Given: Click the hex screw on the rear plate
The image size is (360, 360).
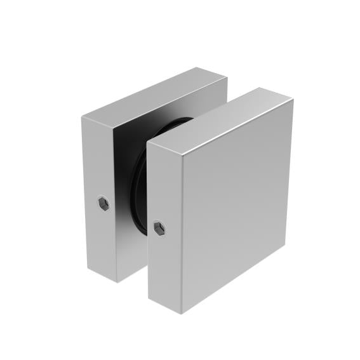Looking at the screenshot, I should (x=103, y=203).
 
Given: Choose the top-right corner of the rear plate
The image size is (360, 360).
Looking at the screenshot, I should (x=227, y=78).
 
